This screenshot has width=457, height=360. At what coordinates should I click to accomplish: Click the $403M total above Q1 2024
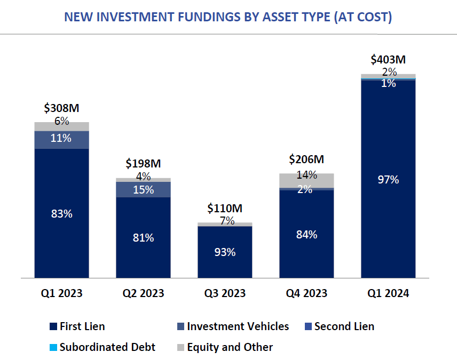pyautogui.click(x=388, y=59)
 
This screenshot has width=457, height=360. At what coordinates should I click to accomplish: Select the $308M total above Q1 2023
pyautogui.click(x=61, y=108)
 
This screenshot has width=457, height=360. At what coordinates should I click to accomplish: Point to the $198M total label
pyautogui.click(x=143, y=163)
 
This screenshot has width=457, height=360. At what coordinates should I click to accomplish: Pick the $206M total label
pyautogui.click(x=306, y=159)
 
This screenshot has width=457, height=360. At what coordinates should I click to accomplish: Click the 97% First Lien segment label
pyautogui.click(x=388, y=180)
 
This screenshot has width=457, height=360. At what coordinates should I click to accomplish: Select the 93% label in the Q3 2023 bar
pyautogui.click(x=225, y=252)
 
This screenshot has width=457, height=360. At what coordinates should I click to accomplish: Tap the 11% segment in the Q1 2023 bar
pyautogui.click(x=61, y=139)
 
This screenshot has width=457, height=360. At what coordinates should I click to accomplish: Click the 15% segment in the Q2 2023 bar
pyautogui.click(x=143, y=190)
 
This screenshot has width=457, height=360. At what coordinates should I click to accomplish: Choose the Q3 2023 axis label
pyautogui.click(x=225, y=293)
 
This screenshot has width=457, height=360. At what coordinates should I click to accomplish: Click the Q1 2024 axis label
pyautogui.click(x=388, y=293)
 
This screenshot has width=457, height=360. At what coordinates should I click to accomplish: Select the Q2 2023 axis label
pyautogui.click(x=143, y=293)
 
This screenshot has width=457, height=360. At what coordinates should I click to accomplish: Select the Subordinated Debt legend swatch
pyautogui.click(x=52, y=348)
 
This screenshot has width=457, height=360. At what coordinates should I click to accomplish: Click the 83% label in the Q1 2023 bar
pyautogui.click(x=61, y=214)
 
